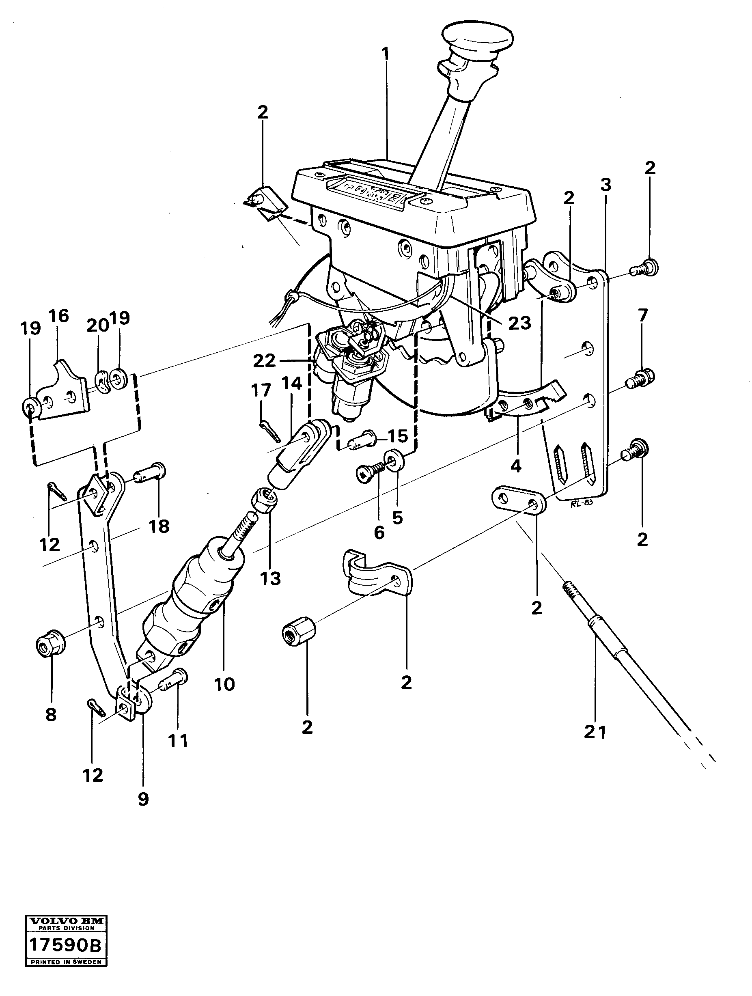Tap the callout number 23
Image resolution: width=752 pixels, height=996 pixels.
[519, 322]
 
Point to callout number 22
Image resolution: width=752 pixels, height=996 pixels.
[264, 361]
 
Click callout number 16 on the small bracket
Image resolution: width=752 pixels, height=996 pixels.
[58, 317]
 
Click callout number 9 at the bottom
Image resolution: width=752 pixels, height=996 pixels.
[143, 799]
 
